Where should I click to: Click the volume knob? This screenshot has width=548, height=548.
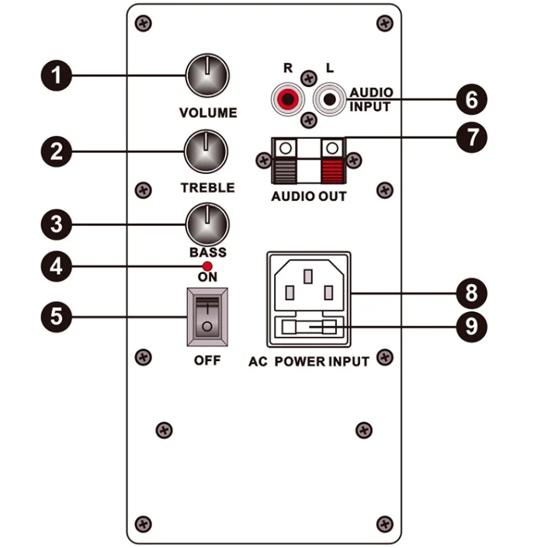click(208, 76)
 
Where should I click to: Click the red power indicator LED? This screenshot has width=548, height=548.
click(207, 266)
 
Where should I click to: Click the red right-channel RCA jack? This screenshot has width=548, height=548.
click(287, 99)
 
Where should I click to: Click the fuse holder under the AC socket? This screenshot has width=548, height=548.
click(309, 328)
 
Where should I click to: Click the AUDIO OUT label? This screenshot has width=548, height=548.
click(309, 196)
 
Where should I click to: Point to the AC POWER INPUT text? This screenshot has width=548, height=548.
click(309, 362)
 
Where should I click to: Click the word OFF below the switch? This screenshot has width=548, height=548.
click(207, 361)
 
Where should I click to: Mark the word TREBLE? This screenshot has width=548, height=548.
click(207, 188)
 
